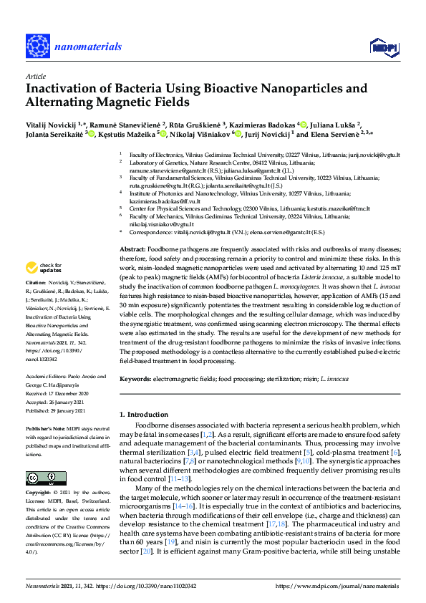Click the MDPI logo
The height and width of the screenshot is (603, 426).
pyautogui.click(x=384, y=47)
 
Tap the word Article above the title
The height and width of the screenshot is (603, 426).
pyautogui.click(x=35, y=76)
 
